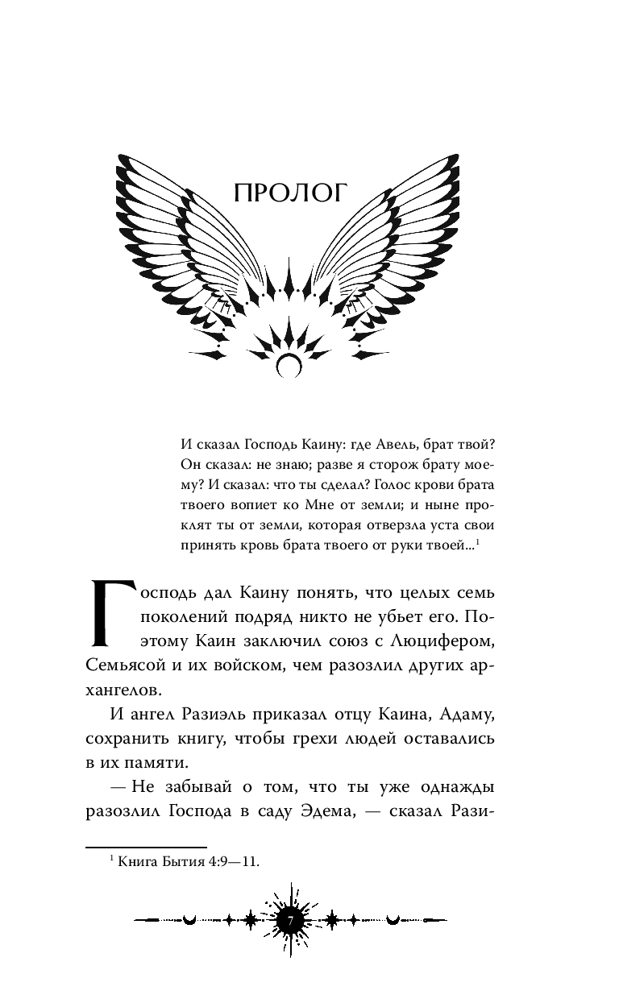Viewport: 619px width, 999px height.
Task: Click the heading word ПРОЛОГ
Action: point(289,193)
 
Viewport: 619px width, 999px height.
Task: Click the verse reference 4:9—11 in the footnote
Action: point(230,862)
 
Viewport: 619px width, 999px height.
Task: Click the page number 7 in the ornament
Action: point(292,918)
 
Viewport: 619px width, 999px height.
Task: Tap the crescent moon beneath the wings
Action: point(288,367)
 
